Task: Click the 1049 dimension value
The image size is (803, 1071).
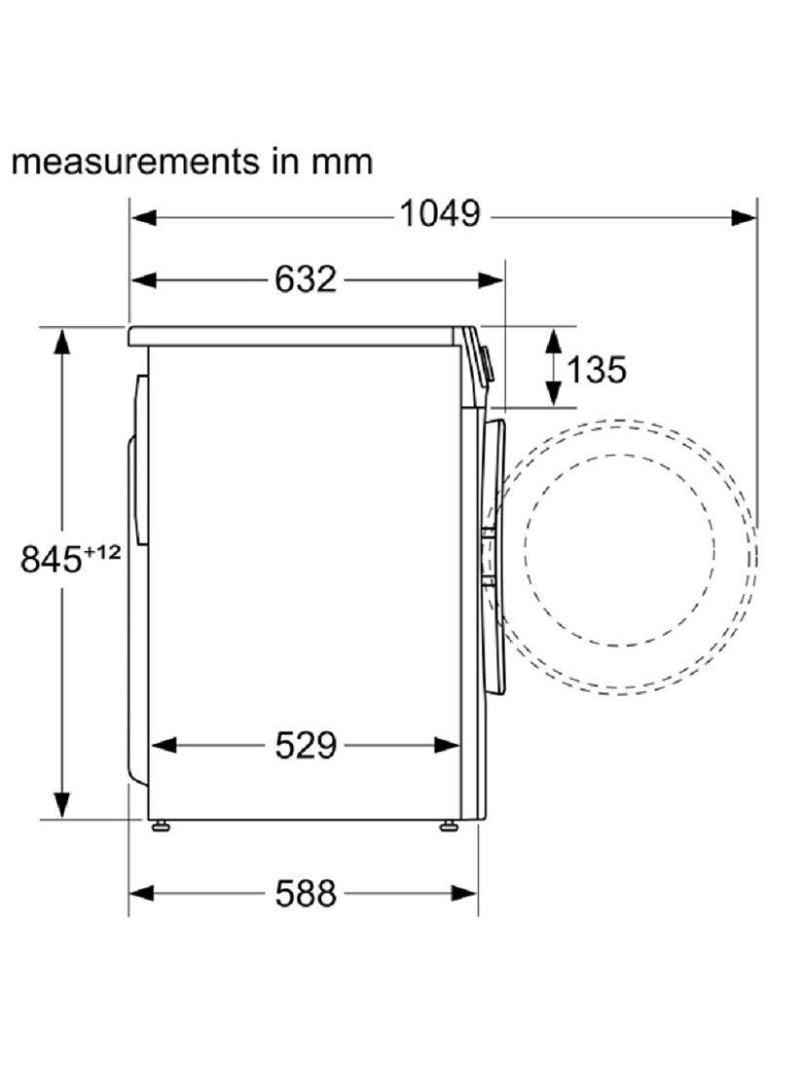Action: pos(440,213)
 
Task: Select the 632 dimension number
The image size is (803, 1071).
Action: pos(306,278)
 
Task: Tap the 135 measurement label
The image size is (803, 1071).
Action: pos(596,370)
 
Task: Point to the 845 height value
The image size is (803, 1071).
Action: pos(52,560)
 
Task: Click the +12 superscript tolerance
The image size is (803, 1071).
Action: pos(102,552)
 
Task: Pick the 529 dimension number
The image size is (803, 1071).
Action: pos(306,745)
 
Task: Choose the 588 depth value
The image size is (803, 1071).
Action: pos(306,893)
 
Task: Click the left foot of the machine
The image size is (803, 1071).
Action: pos(162,825)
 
